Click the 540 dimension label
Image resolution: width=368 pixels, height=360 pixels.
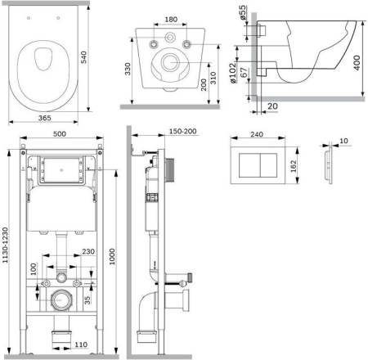[x=84, y=57]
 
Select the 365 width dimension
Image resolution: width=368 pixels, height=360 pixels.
[x=44, y=118]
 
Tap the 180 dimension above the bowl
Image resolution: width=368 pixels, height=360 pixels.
[x=171, y=20]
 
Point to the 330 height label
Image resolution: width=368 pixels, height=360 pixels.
[x=128, y=69]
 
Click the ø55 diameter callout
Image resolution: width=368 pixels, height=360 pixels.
[x=243, y=13]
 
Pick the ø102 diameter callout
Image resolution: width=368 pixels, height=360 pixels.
[x=232, y=73]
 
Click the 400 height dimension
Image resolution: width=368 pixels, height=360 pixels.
[x=357, y=63]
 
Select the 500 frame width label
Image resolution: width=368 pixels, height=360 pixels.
[x=60, y=134]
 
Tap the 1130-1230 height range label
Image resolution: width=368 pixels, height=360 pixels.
[x=6, y=245]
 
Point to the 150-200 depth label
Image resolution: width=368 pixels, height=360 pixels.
[x=182, y=131]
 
